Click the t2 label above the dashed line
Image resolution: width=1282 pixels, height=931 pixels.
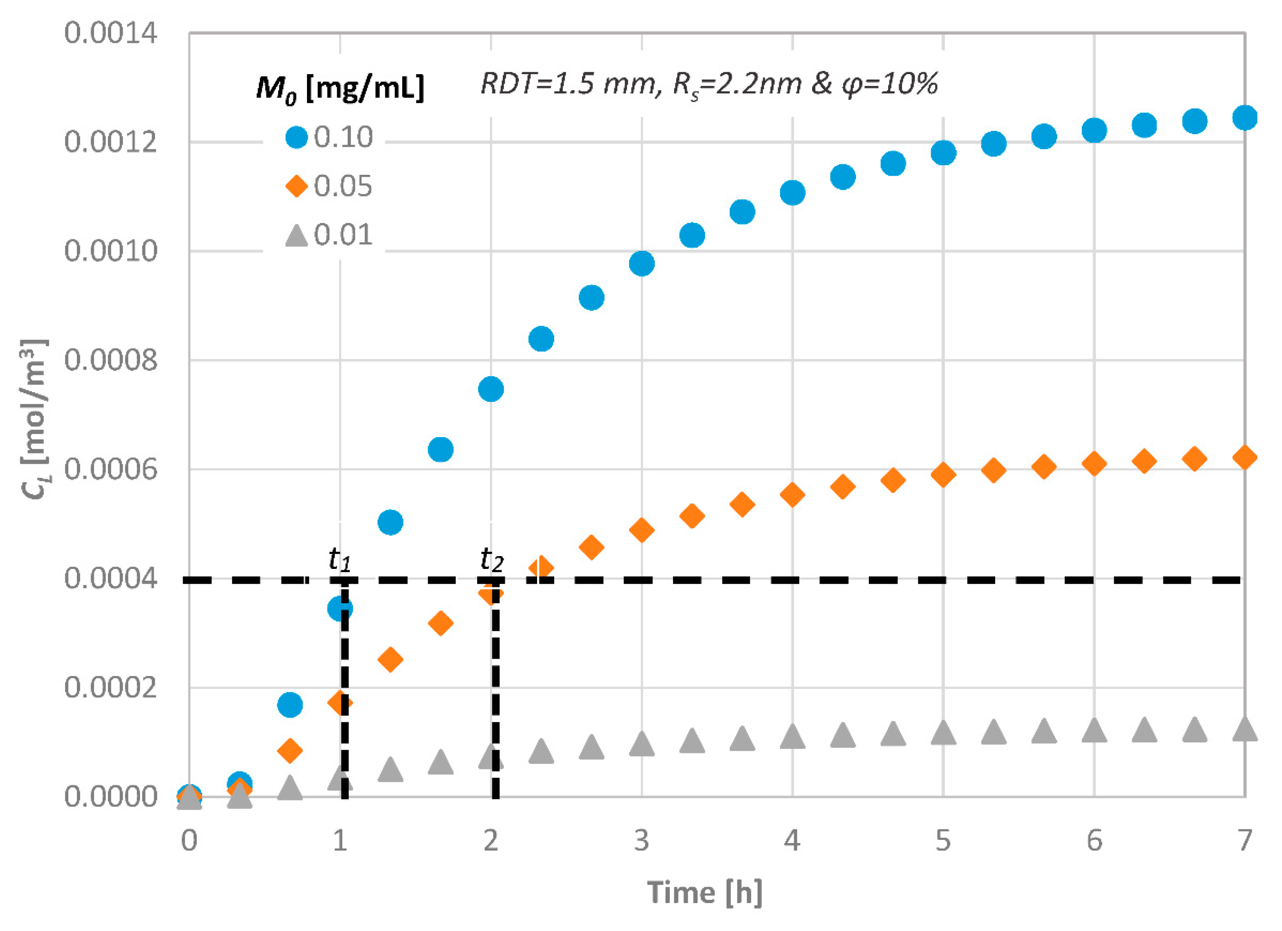pyautogui.click(x=491, y=560)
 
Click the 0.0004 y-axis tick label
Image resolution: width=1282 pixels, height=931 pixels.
pyautogui.click(x=110, y=579)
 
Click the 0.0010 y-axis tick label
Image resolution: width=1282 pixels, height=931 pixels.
pyautogui.click(x=110, y=250)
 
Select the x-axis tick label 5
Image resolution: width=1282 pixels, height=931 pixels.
pyautogui.click(x=943, y=841)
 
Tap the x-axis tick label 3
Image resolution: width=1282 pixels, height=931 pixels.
pyautogui.click(x=641, y=841)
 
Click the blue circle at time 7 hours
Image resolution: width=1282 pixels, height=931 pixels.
pyautogui.click(x=1244, y=118)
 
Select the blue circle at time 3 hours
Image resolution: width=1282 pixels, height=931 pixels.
pyautogui.click(x=641, y=264)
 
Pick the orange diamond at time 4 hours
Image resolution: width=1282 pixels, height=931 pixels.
pyautogui.click(x=792, y=495)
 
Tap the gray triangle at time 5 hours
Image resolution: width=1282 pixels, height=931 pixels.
pyautogui.click(x=943, y=733)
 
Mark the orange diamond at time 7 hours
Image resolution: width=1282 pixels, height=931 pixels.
pyautogui.click(x=1244, y=457)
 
